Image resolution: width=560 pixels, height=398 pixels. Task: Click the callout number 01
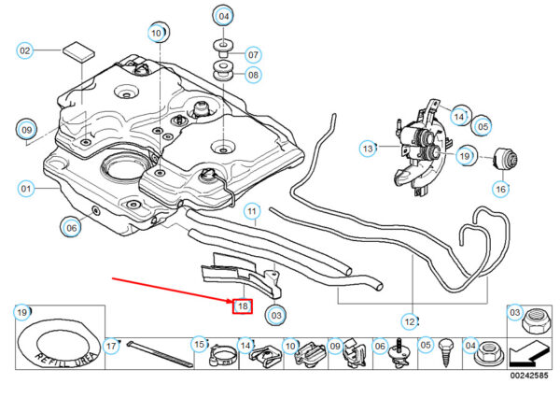click(25, 188)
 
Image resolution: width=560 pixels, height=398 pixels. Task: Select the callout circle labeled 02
click(25, 50)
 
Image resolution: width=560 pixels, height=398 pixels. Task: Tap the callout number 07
click(253, 53)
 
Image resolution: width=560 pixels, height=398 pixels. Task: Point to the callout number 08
click(253, 74)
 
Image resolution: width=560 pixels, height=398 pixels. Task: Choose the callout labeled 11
click(252, 213)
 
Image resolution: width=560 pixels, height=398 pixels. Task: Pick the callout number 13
click(368, 148)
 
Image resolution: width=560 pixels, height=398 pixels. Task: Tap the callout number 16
click(501, 189)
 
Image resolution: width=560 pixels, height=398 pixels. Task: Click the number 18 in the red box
click(242, 305)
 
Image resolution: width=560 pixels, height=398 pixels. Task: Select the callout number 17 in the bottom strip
click(112, 347)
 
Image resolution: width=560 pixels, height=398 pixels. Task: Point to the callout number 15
click(199, 346)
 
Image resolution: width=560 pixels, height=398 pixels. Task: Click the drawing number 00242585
click(527, 375)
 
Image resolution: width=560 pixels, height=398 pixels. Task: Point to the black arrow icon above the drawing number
click(528, 353)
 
